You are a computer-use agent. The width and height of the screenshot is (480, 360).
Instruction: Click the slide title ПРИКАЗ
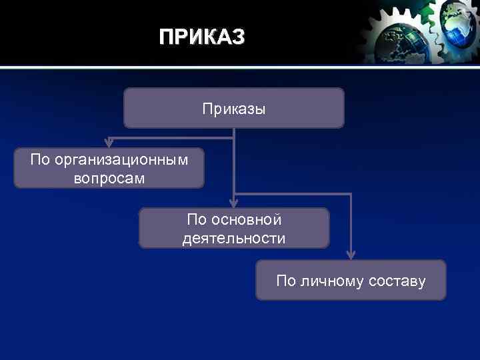202,37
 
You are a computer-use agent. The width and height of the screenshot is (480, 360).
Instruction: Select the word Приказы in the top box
234,109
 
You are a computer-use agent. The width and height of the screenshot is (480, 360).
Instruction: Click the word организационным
121,160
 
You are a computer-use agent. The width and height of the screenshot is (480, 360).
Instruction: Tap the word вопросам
109,178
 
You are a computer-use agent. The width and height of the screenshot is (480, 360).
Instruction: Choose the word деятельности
234,238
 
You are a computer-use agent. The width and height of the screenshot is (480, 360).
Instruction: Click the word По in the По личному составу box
286,281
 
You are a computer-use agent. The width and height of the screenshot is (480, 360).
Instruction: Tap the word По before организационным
41,160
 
